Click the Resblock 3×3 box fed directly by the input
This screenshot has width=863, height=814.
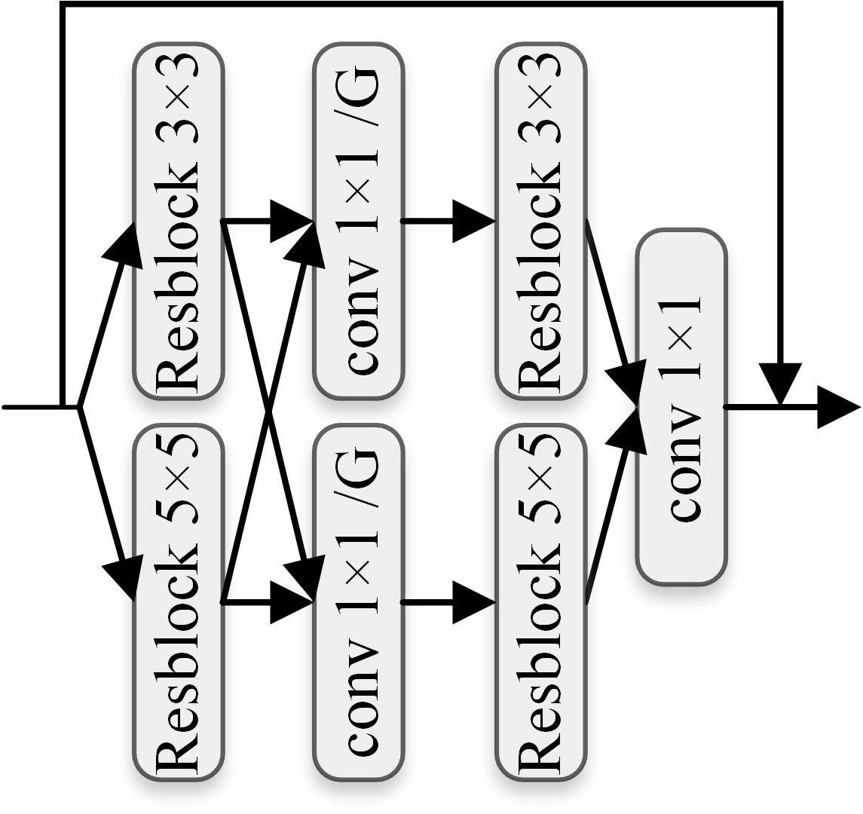point(179,221)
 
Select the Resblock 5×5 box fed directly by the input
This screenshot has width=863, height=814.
point(179,602)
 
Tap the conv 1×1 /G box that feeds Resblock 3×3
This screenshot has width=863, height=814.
point(359,221)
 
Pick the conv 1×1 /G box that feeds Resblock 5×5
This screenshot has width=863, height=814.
point(359,602)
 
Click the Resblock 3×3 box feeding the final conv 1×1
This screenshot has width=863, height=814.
point(540,221)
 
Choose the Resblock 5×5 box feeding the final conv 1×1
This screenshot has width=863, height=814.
point(540,602)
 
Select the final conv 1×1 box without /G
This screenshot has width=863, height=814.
point(681,407)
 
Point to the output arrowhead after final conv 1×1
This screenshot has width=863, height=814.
point(838,407)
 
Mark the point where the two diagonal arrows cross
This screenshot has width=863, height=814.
point(269,412)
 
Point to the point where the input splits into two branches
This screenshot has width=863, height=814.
point(79,408)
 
